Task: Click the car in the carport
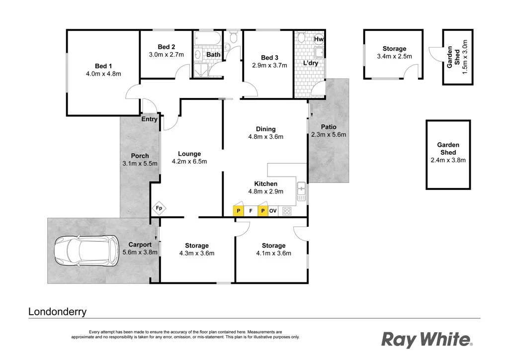coord(85,251)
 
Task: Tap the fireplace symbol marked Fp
coord(159,208)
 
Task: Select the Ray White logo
coord(426,340)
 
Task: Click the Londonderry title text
coord(57,312)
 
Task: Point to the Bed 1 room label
coord(103,66)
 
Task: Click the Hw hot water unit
coord(319,39)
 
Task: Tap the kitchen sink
coord(301,192)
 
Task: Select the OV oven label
coord(273,211)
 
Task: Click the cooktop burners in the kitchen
coord(287,211)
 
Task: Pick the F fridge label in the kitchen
coord(251,211)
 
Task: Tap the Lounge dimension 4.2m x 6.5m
coord(189,161)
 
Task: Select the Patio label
coord(329,127)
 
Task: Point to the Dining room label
coord(265,129)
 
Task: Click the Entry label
coord(150,119)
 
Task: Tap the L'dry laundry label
coord(311,63)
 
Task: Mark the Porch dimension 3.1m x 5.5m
coord(140,164)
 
